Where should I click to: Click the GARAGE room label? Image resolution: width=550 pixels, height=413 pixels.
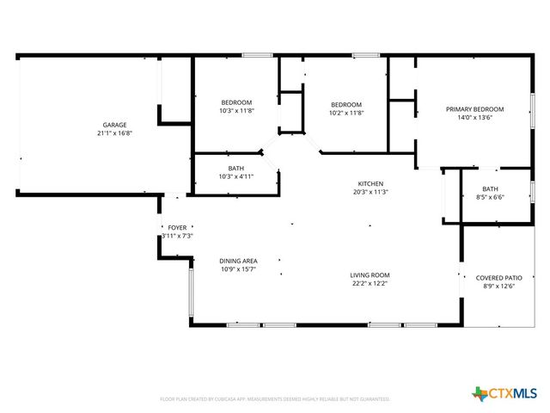click(114, 125)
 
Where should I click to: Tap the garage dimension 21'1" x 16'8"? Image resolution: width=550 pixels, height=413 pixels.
click(114, 133)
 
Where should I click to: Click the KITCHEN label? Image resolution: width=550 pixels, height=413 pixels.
click(370, 183)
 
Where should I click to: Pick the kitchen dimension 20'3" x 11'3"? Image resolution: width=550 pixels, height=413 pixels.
click(370, 192)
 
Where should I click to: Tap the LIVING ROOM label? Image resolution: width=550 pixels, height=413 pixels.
click(370, 275)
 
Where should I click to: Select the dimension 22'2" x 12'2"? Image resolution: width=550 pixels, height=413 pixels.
click(370, 283)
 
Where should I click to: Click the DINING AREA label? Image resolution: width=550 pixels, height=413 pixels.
click(238, 261)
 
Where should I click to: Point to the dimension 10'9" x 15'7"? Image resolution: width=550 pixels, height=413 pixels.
click(238, 269)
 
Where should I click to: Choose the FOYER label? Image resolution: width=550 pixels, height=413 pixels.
click(177, 228)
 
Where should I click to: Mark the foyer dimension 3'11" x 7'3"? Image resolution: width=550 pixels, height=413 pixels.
click(177, 236)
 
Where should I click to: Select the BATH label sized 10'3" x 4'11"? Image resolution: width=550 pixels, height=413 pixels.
click(235, 168)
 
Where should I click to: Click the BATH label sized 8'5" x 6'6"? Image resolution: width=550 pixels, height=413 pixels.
click(490, 189)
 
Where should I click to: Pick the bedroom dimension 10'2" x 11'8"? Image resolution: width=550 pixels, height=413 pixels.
click(345, 112)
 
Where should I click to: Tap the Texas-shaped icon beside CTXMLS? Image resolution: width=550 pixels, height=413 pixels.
click(480, 394)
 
